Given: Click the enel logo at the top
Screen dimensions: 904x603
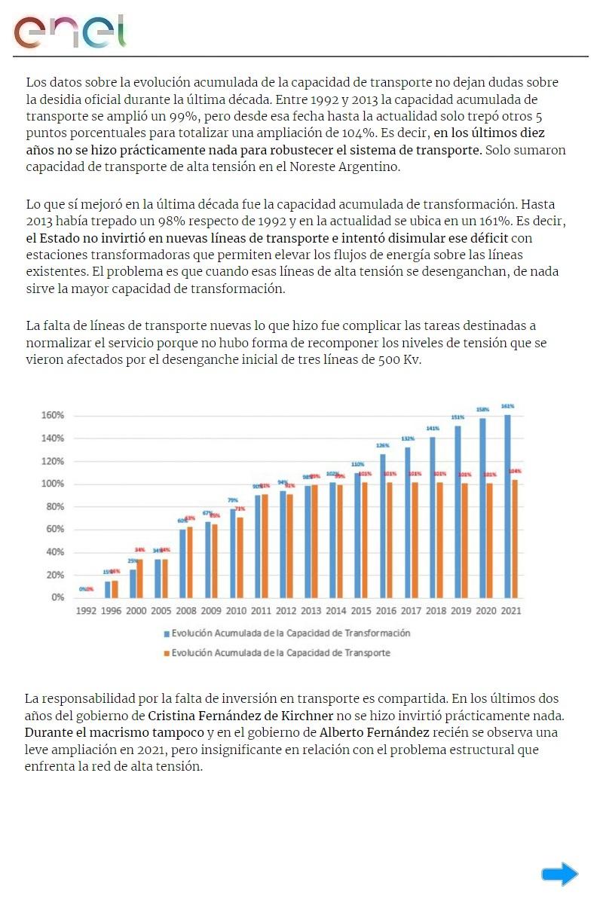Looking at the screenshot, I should [x=70, y=31].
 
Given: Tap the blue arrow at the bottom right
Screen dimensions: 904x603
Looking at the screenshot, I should [x=559, y=874].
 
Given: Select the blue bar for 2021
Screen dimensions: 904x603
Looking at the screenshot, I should [x=507, y=506].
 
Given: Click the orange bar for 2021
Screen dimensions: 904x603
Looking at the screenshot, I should [x=515, y=539].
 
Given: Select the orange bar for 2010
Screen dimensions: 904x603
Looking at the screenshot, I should [x=240, y=557].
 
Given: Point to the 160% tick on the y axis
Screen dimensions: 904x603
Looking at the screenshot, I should [x=52, y=415].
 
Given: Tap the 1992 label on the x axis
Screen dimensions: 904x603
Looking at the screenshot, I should [x=87, y=611].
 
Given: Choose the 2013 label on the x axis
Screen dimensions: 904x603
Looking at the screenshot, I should [x=312, y=611].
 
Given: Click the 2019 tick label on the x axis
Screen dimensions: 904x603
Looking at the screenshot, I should [x=461, y=611].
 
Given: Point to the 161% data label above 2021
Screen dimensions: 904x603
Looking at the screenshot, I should [x=507, y=406].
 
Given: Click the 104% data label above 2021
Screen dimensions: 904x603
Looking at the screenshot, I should [x=516, y=472].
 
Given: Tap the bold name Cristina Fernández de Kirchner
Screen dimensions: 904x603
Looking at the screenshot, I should [x=240, y=715].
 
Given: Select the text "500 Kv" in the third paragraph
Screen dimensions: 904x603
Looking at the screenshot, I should [x=400, y=359].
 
